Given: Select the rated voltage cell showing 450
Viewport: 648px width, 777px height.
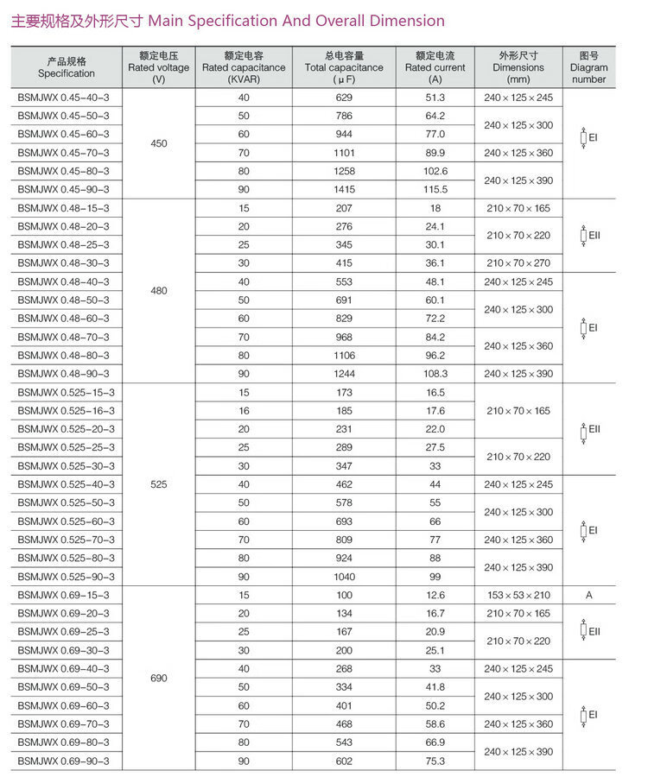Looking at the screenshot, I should (x=159, y=143).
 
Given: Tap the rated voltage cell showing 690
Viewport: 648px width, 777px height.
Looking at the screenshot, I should (x=159, y=679).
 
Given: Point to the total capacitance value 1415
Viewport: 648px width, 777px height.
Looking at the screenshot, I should (x=344, y=189).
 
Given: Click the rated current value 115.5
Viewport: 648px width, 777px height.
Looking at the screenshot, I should (x=435, y=189).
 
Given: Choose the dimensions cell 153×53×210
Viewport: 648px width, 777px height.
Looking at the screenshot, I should (x=518, y=596).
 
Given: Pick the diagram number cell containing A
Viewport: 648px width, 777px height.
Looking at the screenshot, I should (x=589, y=596).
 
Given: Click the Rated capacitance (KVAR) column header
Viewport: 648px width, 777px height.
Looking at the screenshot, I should (x=244, y=67).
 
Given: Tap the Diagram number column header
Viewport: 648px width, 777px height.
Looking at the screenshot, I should (x=589, y=67).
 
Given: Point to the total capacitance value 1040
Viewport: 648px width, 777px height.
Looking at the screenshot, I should (x=344, y=577).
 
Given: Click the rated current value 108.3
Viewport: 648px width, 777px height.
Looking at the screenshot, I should (x=435, y=374).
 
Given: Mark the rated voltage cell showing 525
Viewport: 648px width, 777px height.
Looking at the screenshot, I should (x=159, y=484).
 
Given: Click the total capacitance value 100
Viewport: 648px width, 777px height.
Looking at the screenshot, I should (x=344, y=596).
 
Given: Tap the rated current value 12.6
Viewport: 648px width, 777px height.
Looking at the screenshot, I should (x=435, y=596).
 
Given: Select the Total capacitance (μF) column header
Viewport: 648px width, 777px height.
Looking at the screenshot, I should (x=344, y=67).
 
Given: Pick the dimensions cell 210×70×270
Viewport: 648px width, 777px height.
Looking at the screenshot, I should (x=518, y=262).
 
